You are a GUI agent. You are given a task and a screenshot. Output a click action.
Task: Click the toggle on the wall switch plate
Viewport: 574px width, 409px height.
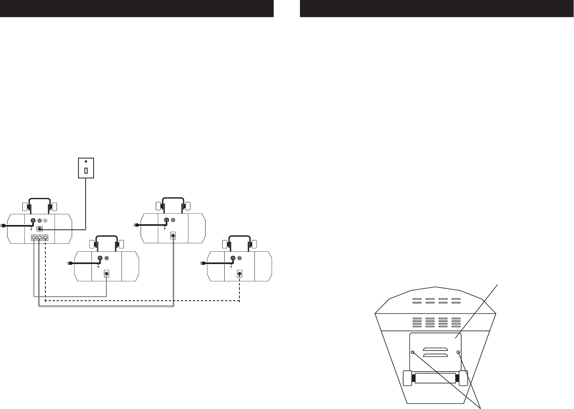coord(86,170)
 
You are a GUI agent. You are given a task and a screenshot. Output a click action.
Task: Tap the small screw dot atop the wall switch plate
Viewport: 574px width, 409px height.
coord(86,161)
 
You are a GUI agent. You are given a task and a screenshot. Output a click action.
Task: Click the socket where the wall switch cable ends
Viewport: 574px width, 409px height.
coord(39,229)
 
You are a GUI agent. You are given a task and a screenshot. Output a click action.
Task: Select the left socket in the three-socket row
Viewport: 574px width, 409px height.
coord(34,238)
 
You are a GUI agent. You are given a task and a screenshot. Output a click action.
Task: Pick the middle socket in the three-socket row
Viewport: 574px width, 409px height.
coord(40,238)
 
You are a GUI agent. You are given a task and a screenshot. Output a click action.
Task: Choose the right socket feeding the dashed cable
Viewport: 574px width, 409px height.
coord(46,238)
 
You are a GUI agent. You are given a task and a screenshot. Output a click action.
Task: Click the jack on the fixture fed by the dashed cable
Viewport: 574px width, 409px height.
coord(239,274)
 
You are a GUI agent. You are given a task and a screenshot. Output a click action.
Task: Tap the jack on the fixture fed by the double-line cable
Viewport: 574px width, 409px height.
coord(173,235)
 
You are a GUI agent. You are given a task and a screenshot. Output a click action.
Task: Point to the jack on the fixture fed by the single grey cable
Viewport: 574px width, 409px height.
coord(106,274)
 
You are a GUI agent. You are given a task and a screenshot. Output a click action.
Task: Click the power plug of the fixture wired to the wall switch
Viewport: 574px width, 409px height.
coord(3,226)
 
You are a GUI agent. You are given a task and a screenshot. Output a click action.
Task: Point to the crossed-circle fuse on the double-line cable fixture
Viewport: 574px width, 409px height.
coord(173,220)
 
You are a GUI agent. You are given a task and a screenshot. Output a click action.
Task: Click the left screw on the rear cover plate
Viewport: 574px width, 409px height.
coord(413,352)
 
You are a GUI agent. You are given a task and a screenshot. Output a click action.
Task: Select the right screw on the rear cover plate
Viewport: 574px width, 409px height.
coord(458,352)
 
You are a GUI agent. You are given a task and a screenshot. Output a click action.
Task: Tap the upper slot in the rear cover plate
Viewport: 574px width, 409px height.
coord(435,349)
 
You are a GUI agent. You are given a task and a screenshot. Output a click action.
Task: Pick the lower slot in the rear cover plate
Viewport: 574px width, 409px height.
coord(435,355)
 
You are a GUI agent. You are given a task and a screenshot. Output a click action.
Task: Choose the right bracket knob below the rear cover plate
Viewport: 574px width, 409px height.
coord(462,378)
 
